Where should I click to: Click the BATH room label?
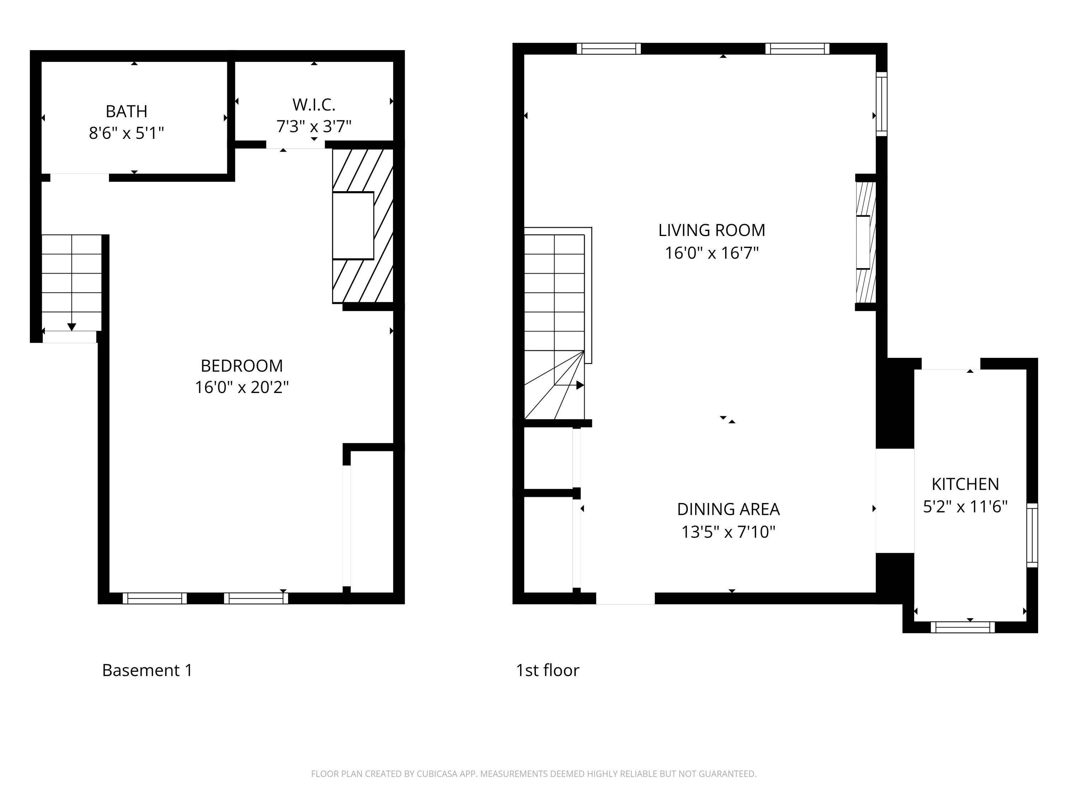pos(126,111)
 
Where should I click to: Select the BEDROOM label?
pos(241,366)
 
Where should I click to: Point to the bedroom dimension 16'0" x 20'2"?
pos(241,387)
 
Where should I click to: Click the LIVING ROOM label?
pos(712,230)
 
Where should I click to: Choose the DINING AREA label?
pos(728,509)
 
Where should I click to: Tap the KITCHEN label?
pos(965,484)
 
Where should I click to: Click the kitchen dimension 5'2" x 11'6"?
pos(965,507)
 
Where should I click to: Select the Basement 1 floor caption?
pos(147,670)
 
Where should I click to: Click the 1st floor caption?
pos(547,670)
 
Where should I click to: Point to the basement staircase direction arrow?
pos(72,326)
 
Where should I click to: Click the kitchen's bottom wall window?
pos(962,627)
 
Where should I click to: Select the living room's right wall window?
pos(881,104)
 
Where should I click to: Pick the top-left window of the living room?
pos(608,48)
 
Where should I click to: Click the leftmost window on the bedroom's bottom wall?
pos(155,598)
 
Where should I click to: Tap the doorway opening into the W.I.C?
pos(295,145)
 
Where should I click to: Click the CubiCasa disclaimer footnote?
pos(534,774)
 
